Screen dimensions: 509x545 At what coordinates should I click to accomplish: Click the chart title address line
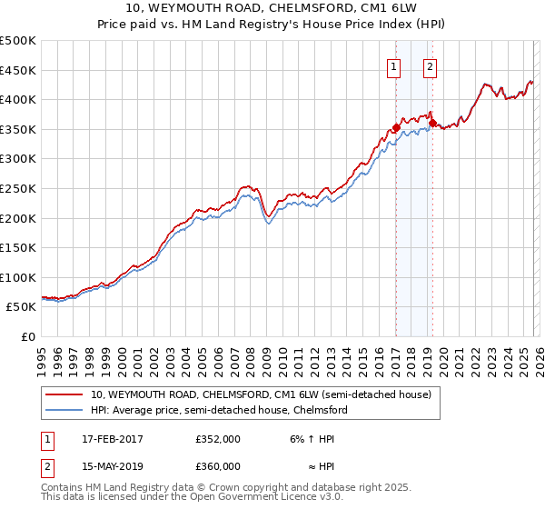pyautogui.click(x=272, y=9)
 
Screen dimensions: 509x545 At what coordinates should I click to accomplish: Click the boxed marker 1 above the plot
pyautogui.click(x=395, y=65)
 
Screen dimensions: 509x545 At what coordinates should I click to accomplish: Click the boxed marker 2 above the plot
pyautogui.click(x=430, y=65)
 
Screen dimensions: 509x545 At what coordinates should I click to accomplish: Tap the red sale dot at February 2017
pyautogui.click(x=396, y=127)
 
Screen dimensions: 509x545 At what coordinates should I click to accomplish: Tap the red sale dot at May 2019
pyautogui.click(x=432, y=123)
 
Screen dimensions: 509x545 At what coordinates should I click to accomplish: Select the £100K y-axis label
pyautogui.click(x=19, y=277)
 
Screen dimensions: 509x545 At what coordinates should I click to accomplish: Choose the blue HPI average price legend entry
pyautogui.click(x=219, y=411)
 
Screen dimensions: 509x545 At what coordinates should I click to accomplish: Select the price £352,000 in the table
pyautogui.click(x=218, y=439)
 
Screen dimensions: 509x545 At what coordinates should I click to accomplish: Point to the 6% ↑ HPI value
pyautogui.click(x=311, y=439)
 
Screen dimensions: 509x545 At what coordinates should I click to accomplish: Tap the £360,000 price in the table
pyautogui.click(x=218, y=466)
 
